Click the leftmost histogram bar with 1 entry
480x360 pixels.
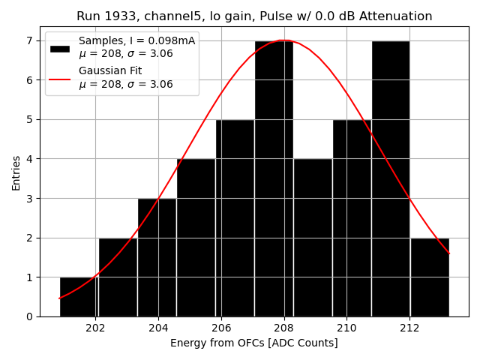pos(79,297)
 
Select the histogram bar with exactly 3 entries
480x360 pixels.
pos(157,257)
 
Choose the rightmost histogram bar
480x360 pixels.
pos(430,277)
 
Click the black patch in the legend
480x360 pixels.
pos(60,48)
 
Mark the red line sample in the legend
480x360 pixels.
pos(60,78)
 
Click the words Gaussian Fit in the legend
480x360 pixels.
pos(110,71)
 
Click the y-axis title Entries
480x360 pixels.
pos(16,172)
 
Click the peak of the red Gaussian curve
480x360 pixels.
pos(283,40)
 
